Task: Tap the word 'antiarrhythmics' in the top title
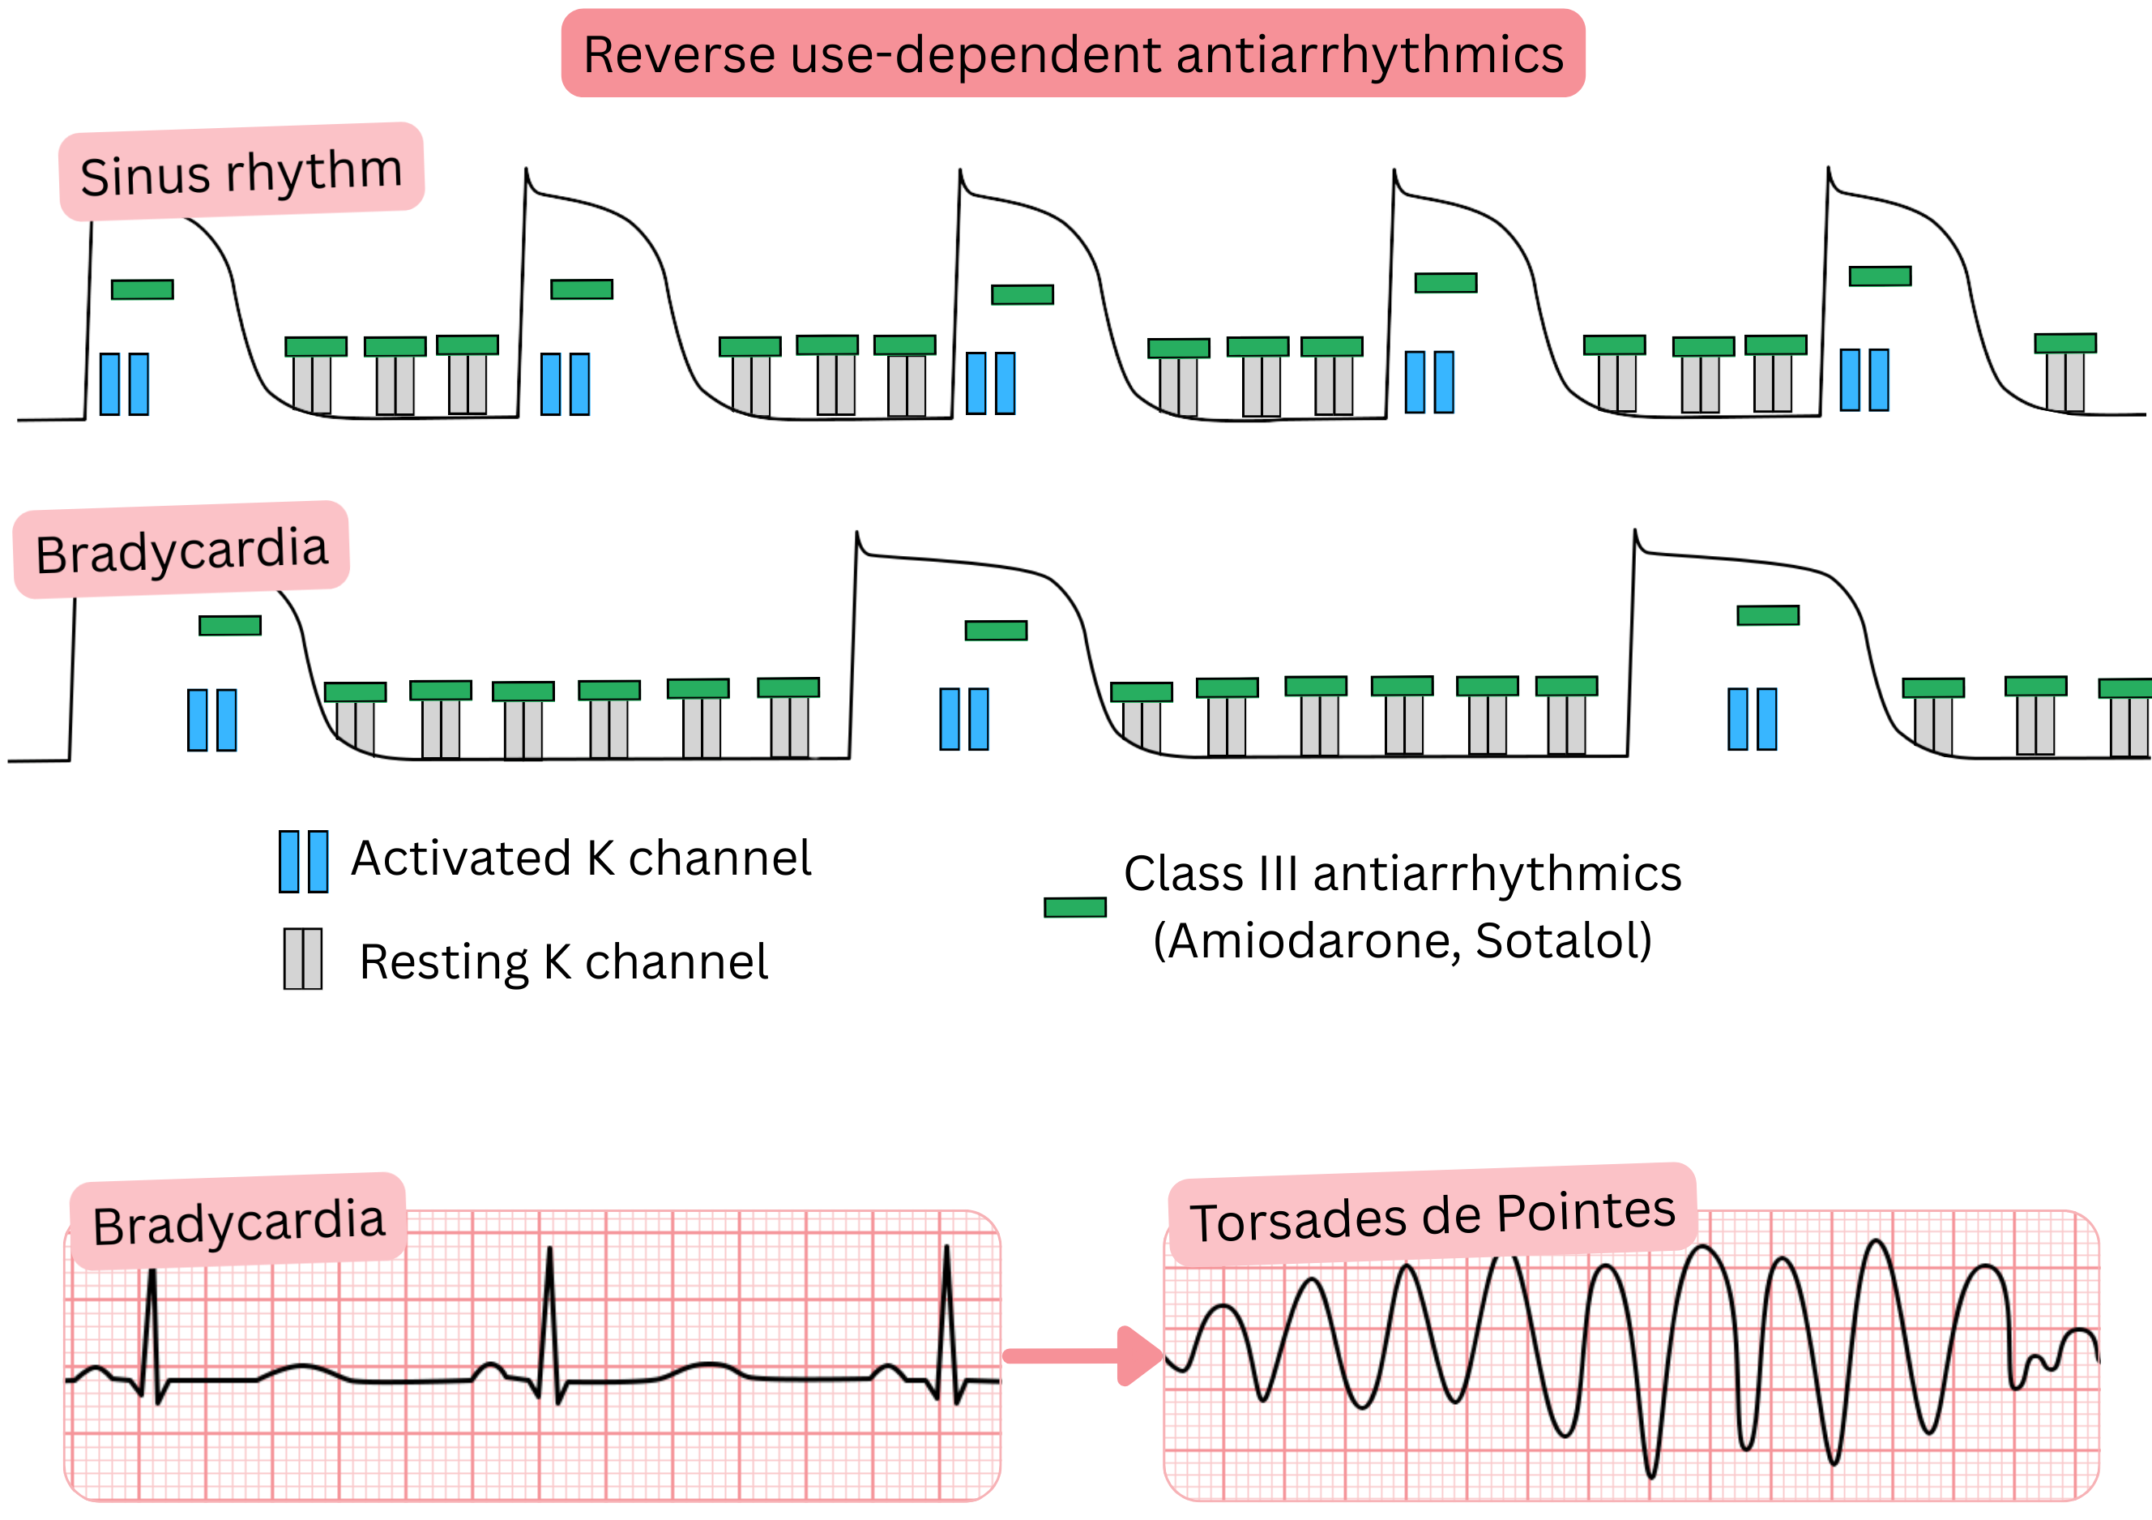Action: [1369, 54]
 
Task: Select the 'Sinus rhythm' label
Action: [241, 173]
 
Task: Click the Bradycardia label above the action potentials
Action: [181, 550]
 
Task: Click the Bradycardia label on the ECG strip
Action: [239, 1222]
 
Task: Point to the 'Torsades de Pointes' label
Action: [1433, 1216]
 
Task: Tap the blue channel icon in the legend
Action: [304, 861]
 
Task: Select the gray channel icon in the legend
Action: [303, 958]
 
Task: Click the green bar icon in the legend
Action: [1075, 907]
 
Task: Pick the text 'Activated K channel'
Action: [581, 858]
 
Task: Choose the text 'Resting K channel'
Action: [563, 962]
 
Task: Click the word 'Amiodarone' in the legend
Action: [1313, 940]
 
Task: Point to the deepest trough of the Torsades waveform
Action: [1651, 1472]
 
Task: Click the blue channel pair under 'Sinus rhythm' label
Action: [124, 383]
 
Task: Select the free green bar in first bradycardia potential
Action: [229, 626]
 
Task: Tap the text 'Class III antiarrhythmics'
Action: [1403, 873]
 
